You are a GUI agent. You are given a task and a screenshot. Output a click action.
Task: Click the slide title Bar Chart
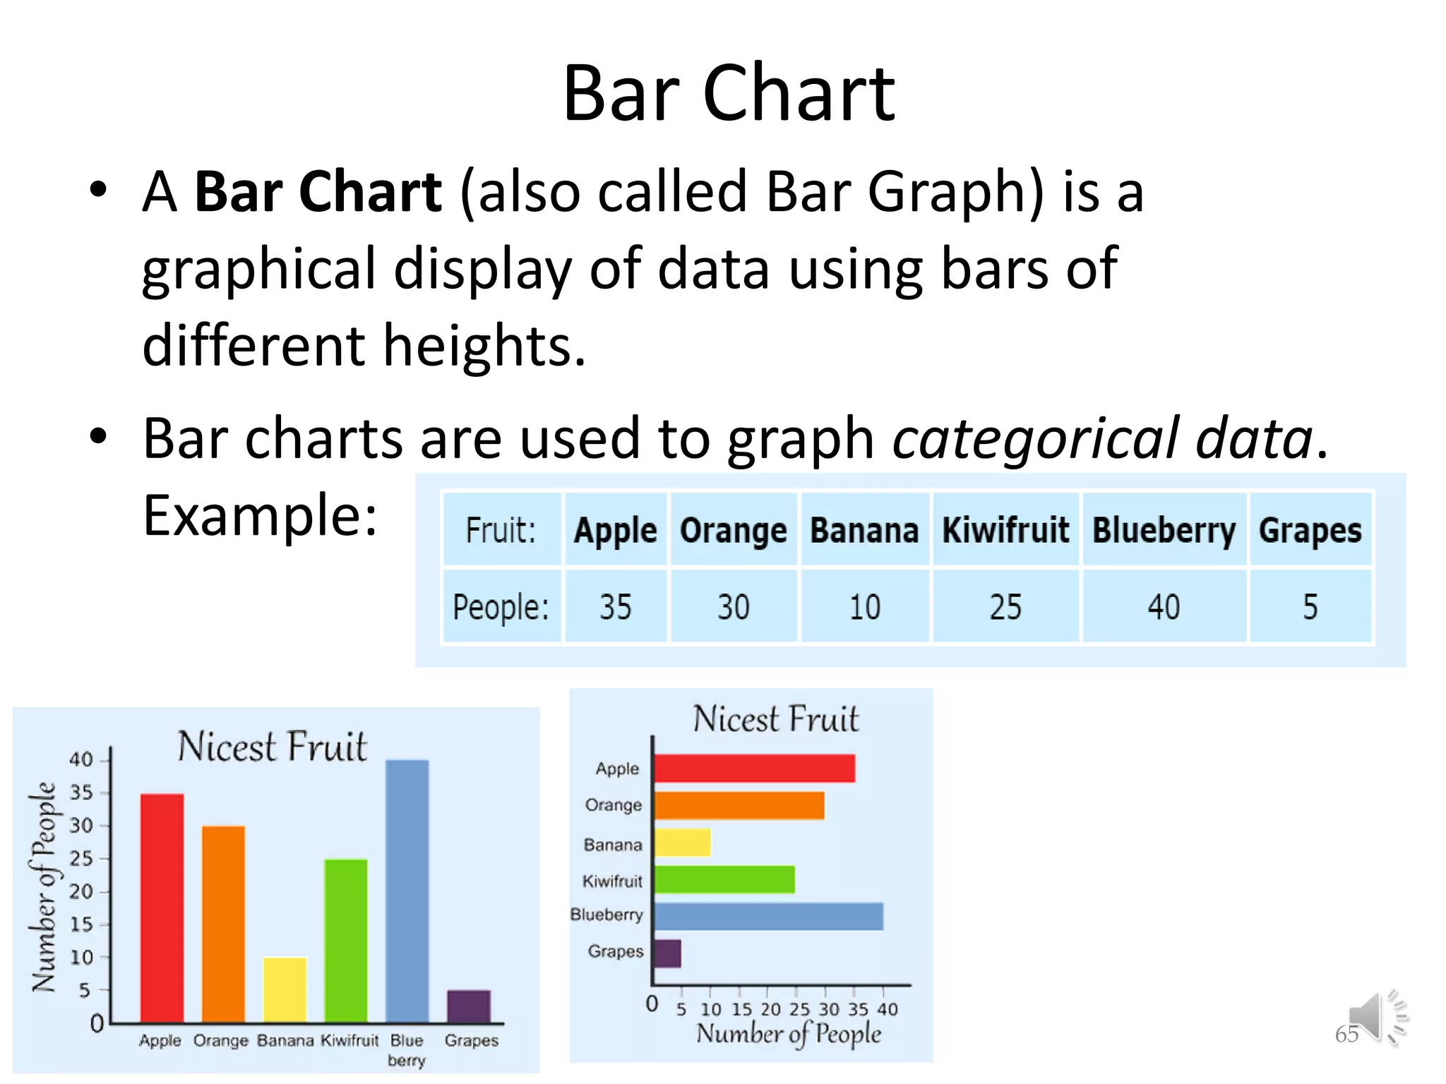[x=728, y=94]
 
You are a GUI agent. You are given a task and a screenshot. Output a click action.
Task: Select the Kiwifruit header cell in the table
[x=1005, y=530]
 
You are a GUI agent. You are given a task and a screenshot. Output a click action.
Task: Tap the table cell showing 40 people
[x=1163, y=607]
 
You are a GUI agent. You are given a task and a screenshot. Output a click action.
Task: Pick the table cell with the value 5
[x=1310, y=607]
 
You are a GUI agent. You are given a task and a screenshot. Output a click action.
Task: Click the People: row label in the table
[x=501, y=607]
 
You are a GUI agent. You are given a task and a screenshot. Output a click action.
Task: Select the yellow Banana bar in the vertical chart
[x=285, y=989]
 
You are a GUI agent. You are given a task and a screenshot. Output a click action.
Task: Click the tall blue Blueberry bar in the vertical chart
[x=407, y=891]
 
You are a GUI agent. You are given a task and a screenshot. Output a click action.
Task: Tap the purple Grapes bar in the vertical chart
[x=468, y=1006]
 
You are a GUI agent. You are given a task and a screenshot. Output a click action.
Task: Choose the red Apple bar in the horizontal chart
[x=754, y=769]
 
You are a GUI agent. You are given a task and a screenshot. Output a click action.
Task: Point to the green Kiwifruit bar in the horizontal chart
[x=724, y=879]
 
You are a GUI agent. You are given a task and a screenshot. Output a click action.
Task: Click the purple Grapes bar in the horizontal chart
[x=667, y=953]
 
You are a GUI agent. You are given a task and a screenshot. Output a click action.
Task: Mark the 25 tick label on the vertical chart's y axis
[x=81, y=859]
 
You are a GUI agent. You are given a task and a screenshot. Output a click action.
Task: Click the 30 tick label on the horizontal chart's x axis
[x=829, y=1010]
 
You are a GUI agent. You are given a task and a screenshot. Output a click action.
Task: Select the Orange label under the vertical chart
[x=221, y=1041]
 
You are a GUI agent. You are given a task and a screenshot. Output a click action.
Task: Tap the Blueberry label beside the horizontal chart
[x=607, y=915]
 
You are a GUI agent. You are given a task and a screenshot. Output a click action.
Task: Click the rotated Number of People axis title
[x=44, y=887]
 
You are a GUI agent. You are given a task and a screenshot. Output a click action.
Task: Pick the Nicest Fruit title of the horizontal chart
[x=775, y=719]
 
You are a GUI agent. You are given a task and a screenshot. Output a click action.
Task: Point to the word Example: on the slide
[x=260, y=516]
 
